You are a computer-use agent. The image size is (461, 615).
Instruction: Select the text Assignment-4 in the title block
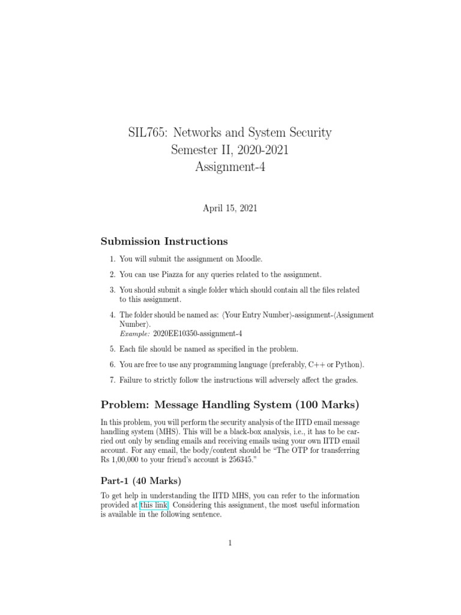tap(230, 167)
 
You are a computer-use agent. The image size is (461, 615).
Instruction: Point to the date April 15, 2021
tap(230, 208)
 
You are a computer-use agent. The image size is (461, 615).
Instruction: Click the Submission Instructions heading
tap(164, 241)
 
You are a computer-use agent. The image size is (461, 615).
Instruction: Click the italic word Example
tap(134, 333)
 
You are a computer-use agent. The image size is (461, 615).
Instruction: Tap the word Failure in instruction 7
tap(132, 380)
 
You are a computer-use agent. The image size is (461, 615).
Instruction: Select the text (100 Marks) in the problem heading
tap(324, 405)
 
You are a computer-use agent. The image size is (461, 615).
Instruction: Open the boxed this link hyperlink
tap(154, 505)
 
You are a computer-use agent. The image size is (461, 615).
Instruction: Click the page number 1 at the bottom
tap(230, 544)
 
